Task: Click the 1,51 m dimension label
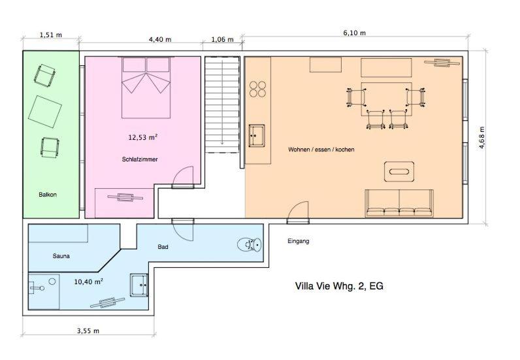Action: coord(51,35)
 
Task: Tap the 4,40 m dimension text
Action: coord(160,39)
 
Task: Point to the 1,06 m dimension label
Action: coord(222,39)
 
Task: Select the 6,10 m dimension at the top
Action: coord(355,33)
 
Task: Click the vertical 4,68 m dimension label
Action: coord(482,137)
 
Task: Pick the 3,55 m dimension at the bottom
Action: coord(88,331)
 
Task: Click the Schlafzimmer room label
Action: coord(140,159)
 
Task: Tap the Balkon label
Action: coord(48,195)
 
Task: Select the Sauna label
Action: coord(61,256)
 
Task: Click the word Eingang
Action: coord(298,241)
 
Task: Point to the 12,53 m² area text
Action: coord(142,137)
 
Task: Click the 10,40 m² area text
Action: coord(88,282)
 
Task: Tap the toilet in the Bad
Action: coord(250,245)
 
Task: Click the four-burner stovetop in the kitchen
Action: coord(257,89)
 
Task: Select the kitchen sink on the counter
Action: coord(256,135)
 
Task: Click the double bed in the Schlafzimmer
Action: coord(146,88)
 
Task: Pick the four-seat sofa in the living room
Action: coord(399,203)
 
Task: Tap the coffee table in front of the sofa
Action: coord(399,172)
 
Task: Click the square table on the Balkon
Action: coord(45,112)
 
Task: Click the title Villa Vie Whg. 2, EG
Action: coord(339,286)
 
